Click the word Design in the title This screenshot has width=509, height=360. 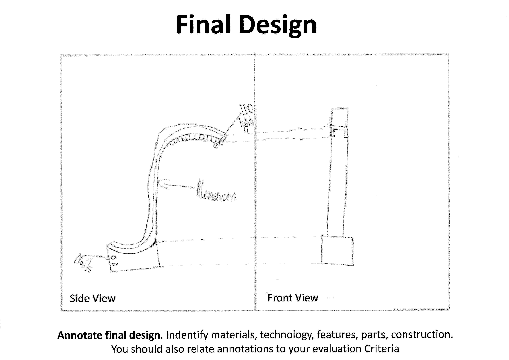click(x=278, y=25)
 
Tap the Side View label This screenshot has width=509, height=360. click(x=92, y=298)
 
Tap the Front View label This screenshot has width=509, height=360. click(x=293, y=298)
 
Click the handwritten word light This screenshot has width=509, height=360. click(x=247, y=125)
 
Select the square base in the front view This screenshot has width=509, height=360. click(x=337, y=250)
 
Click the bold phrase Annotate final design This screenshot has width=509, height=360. click(x=109, y=335)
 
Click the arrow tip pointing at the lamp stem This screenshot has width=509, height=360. click(x=161, y=183)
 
